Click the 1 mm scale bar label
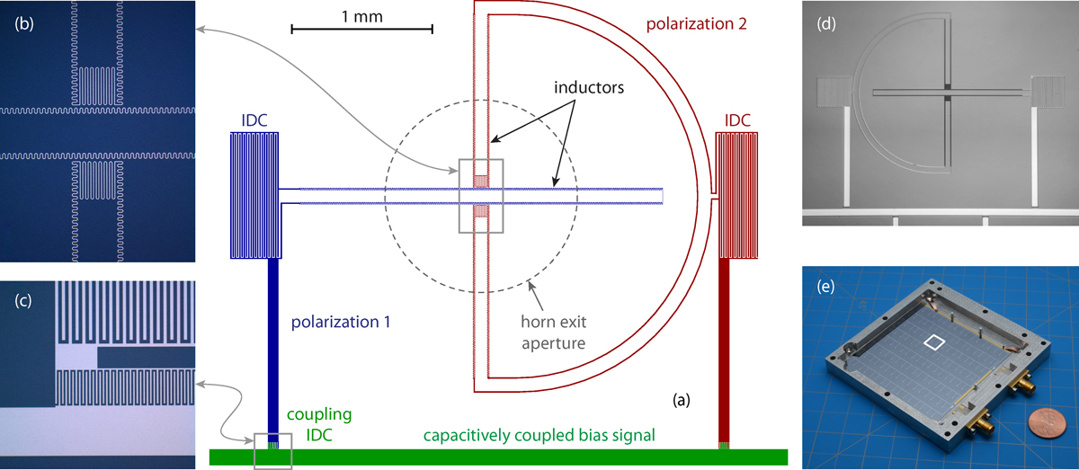(x=362, y=15)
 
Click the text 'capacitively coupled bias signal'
(x=539, y=435)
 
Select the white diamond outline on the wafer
(x=935, y=342)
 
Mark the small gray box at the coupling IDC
(x=272, y=450)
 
